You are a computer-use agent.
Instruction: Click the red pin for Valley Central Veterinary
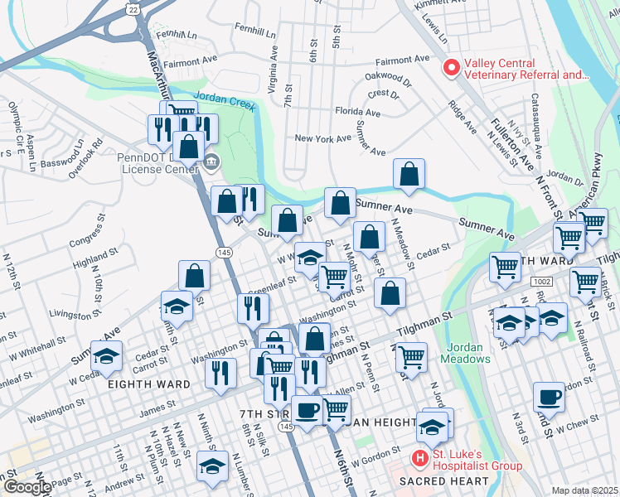452,68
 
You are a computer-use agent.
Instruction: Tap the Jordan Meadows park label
469,352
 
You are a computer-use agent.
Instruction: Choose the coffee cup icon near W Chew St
549,397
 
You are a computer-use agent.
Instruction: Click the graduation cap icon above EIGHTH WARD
106,356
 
